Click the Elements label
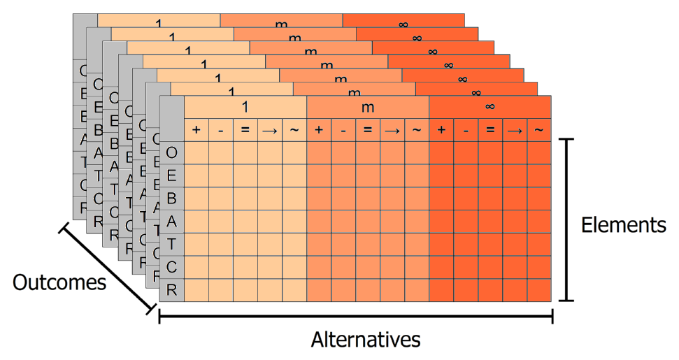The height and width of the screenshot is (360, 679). (x=624, y=226)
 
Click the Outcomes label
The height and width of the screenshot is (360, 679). (x=59, y=282)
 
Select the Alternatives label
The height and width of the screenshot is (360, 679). (x=366, y=340)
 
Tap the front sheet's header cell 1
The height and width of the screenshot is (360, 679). (x=245, y=107)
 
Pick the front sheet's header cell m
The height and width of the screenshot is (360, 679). (x=368, y=107)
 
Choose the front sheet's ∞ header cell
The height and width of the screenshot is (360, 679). (x=490, y=107)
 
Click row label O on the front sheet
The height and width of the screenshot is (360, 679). (x=172, y=152)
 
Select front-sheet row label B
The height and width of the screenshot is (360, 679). (x=172, y=198)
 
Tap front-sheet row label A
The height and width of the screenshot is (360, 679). (x=172, y=221)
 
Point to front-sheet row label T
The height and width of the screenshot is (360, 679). (x=172, y=244)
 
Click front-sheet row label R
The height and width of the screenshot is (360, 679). (x=172, y=289)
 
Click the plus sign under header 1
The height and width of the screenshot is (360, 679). (x=196, y=130)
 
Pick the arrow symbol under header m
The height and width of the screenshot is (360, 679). (x=392, y=130)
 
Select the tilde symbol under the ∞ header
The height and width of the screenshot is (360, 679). (x=538, y=130)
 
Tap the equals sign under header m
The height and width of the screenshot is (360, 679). (x=368, y=130)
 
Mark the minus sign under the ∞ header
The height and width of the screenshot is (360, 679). (x=466, y=130)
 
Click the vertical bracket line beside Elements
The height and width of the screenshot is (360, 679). (x=569, y=219)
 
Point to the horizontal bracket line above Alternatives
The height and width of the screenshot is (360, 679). (x=356, y=317)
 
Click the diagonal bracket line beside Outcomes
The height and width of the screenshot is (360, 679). (x=106, y=267)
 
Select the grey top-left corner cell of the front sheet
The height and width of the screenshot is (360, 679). (x=172, y=118)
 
